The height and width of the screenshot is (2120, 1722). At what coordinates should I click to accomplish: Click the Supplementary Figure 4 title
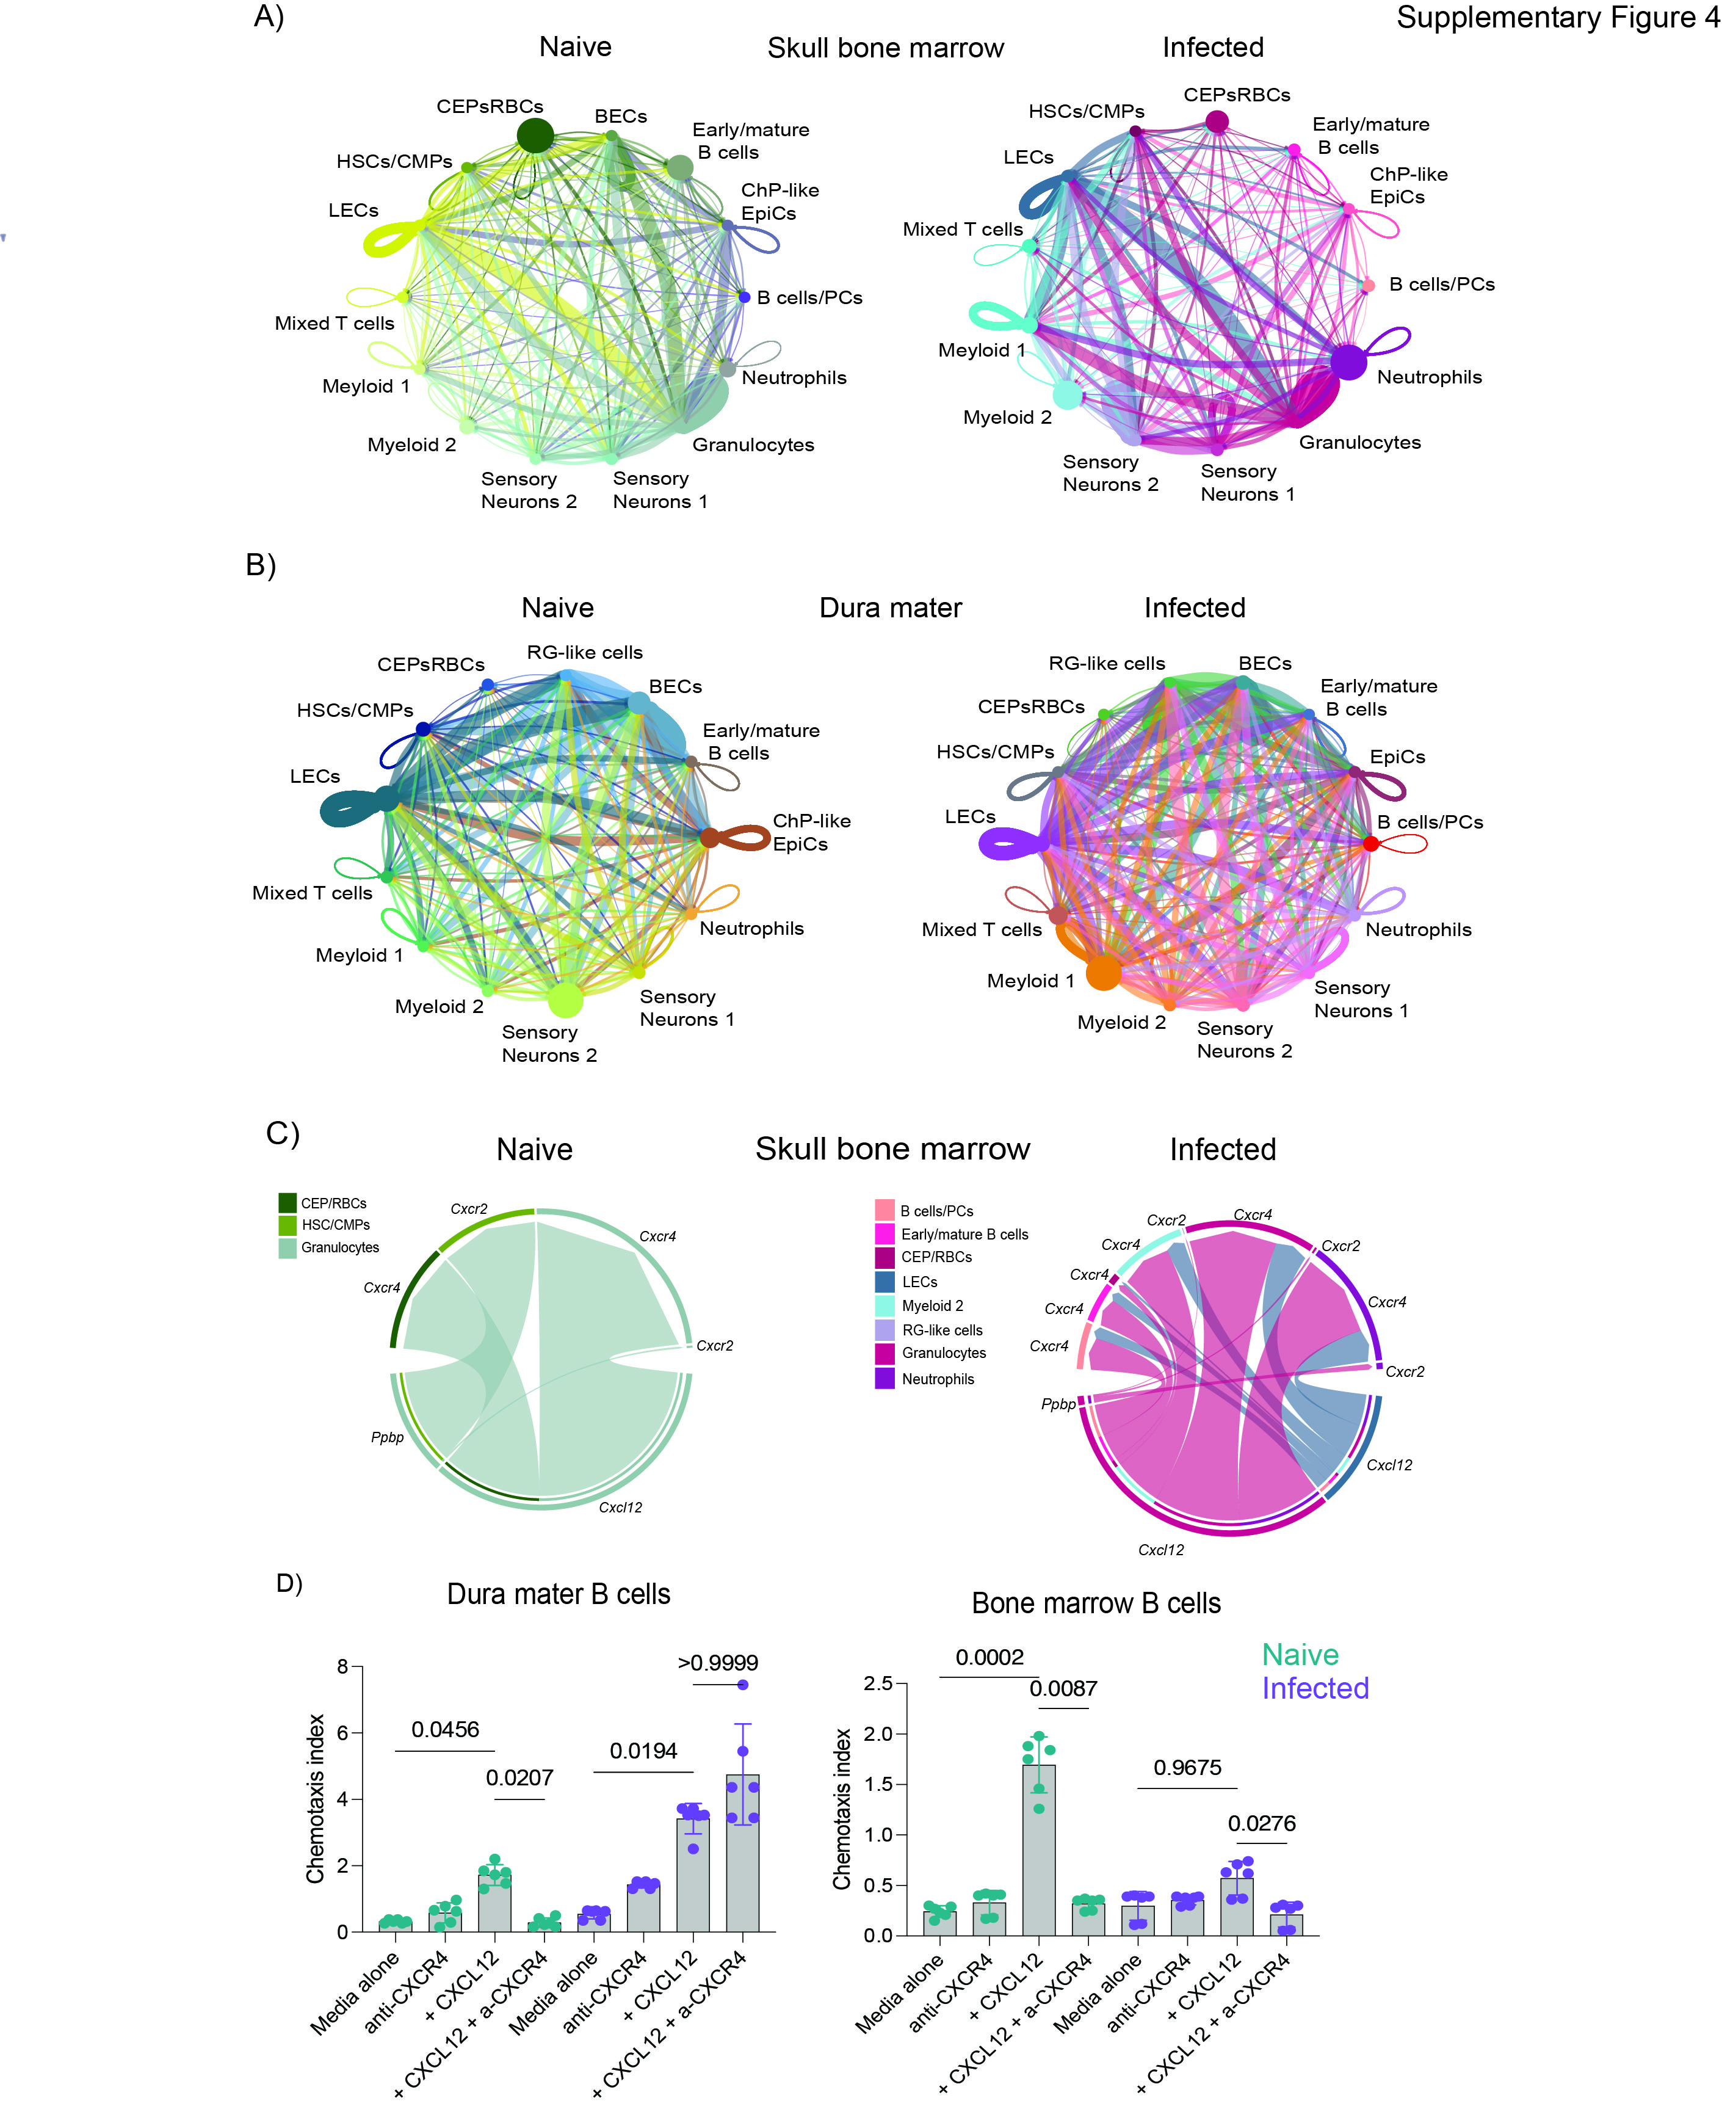[x=1557, y=18]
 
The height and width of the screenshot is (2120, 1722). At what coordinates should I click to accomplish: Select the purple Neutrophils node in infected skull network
[x=1348, y=362]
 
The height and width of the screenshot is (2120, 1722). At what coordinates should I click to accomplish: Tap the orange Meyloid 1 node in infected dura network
[x=1103, y=972]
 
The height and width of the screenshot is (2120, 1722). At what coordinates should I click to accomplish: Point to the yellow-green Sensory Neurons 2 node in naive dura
[x=565, y=999]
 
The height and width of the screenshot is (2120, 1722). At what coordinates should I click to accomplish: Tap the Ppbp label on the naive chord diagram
[x=387, y=1437]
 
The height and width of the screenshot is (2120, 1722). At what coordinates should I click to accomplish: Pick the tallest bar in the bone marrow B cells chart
[x=1038, y=1850]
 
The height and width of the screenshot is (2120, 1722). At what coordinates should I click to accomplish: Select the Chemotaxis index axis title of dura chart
[x=316, y=1799]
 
